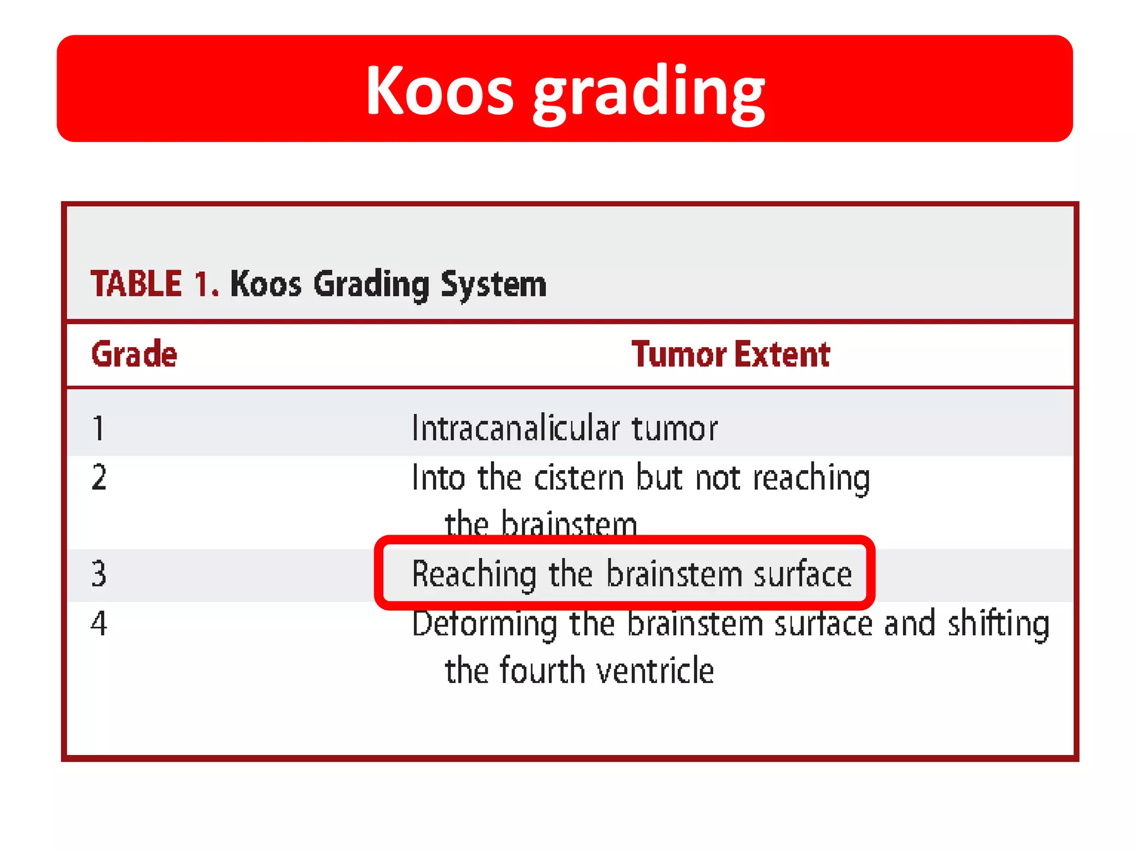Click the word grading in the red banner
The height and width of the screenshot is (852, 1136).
click(x=649, y=93)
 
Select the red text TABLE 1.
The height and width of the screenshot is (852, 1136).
click(x=155, y=284)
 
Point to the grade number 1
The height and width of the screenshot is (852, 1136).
click(x=99, y=428)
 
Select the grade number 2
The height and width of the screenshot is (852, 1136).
click(x=99, y=478)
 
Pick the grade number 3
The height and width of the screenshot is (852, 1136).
click(x=99, y=574)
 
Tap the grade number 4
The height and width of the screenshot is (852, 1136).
click(x=99, y=623)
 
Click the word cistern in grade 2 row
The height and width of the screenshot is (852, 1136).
click(x=579, y=478)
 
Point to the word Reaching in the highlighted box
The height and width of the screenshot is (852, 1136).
click(x=474, y=574)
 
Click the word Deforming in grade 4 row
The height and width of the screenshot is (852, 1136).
click(x=484, y=623)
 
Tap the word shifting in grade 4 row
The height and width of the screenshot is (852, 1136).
click(x=998, y=623)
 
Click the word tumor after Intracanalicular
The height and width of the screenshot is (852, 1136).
click(x=674, y=428)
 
